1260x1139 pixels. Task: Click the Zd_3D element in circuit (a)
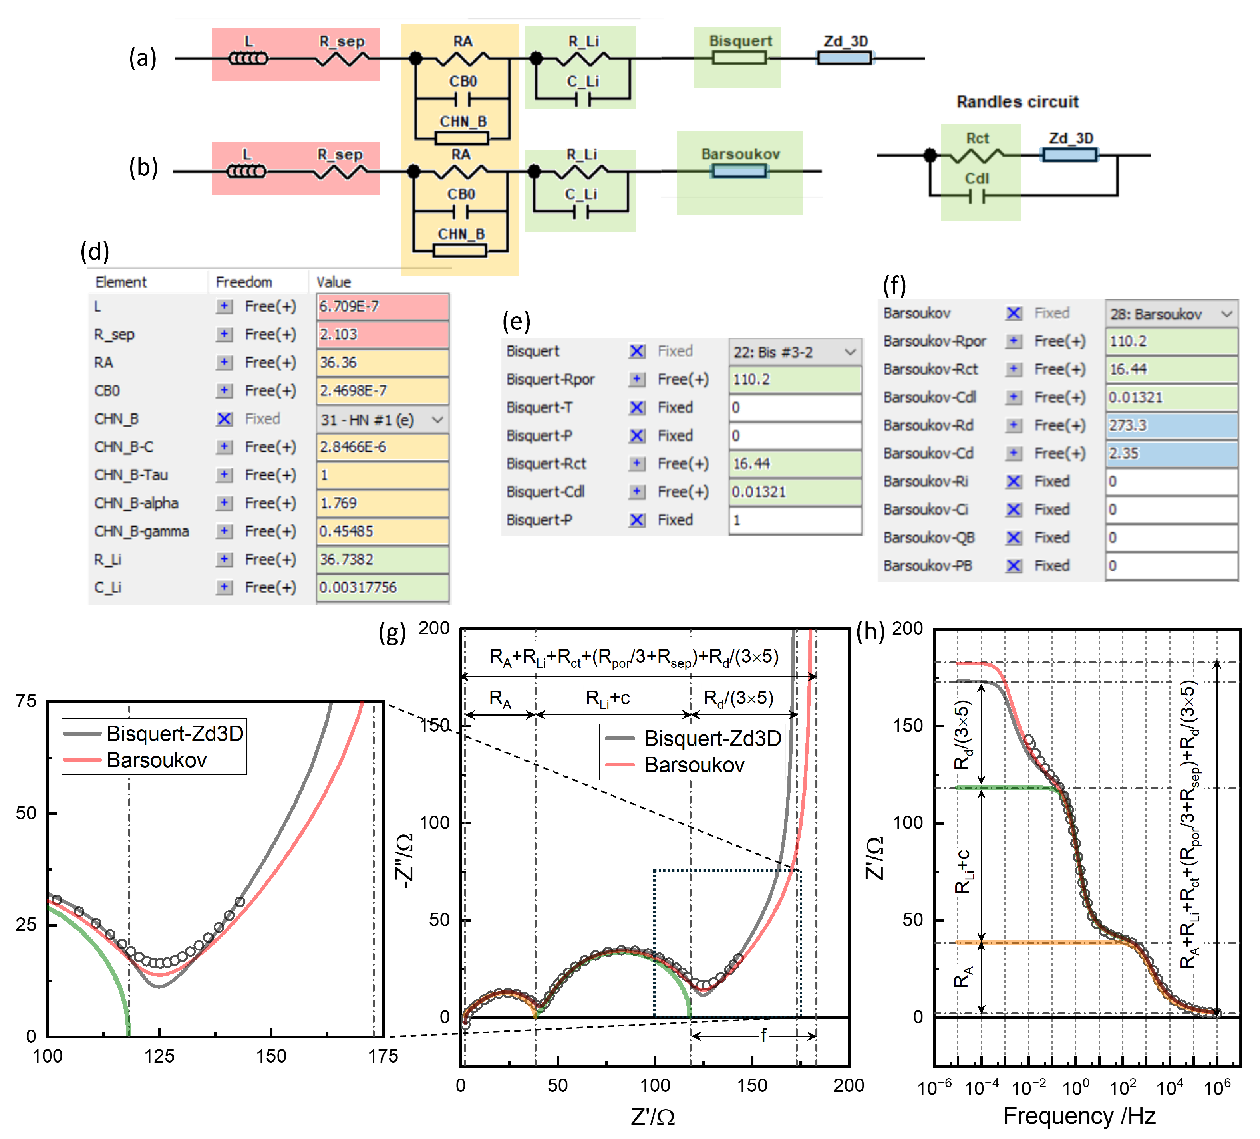tap(844, 58)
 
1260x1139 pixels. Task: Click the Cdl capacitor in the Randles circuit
tap(977, 196)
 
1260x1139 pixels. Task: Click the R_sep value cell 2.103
tap(382, 334)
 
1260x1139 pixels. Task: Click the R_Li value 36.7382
tap(382, 559)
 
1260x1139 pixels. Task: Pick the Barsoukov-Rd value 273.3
tap(1171, 425)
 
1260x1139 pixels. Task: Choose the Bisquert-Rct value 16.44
tap(794, 464)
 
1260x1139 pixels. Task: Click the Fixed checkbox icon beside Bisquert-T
tap(636, 407)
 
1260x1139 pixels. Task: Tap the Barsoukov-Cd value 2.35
tap(1171, 454)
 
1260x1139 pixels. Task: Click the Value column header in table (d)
tap(333, 282)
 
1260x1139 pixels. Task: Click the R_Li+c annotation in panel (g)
tap(607, 698)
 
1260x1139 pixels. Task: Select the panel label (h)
tap(870, 632)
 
